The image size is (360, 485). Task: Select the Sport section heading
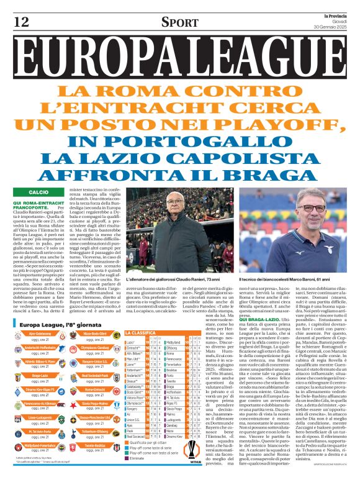(x=179, y=23)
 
